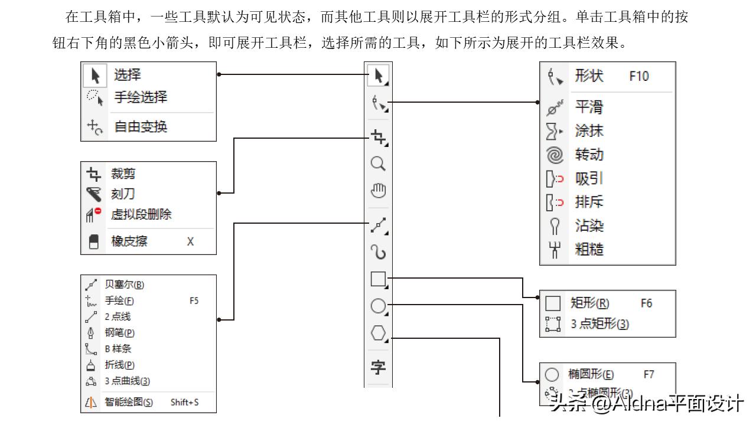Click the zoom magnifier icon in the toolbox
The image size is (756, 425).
378,164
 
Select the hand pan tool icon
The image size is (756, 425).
378,191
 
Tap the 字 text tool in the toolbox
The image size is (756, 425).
378,367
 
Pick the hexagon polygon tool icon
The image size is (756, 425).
378,333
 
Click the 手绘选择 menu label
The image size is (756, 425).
141,97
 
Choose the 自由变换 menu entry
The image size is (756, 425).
141,126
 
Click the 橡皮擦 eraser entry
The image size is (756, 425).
129,241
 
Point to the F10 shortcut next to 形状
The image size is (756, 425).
639,76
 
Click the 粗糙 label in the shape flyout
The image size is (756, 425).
589,249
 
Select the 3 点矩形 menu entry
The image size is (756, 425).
599,324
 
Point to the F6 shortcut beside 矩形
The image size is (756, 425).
646,303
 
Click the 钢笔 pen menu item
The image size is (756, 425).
119,333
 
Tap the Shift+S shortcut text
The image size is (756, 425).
184,403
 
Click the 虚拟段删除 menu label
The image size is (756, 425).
141,214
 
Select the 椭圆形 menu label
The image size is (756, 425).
591,374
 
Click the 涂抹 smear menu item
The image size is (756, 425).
589,130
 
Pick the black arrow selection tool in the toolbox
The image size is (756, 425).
379,76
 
